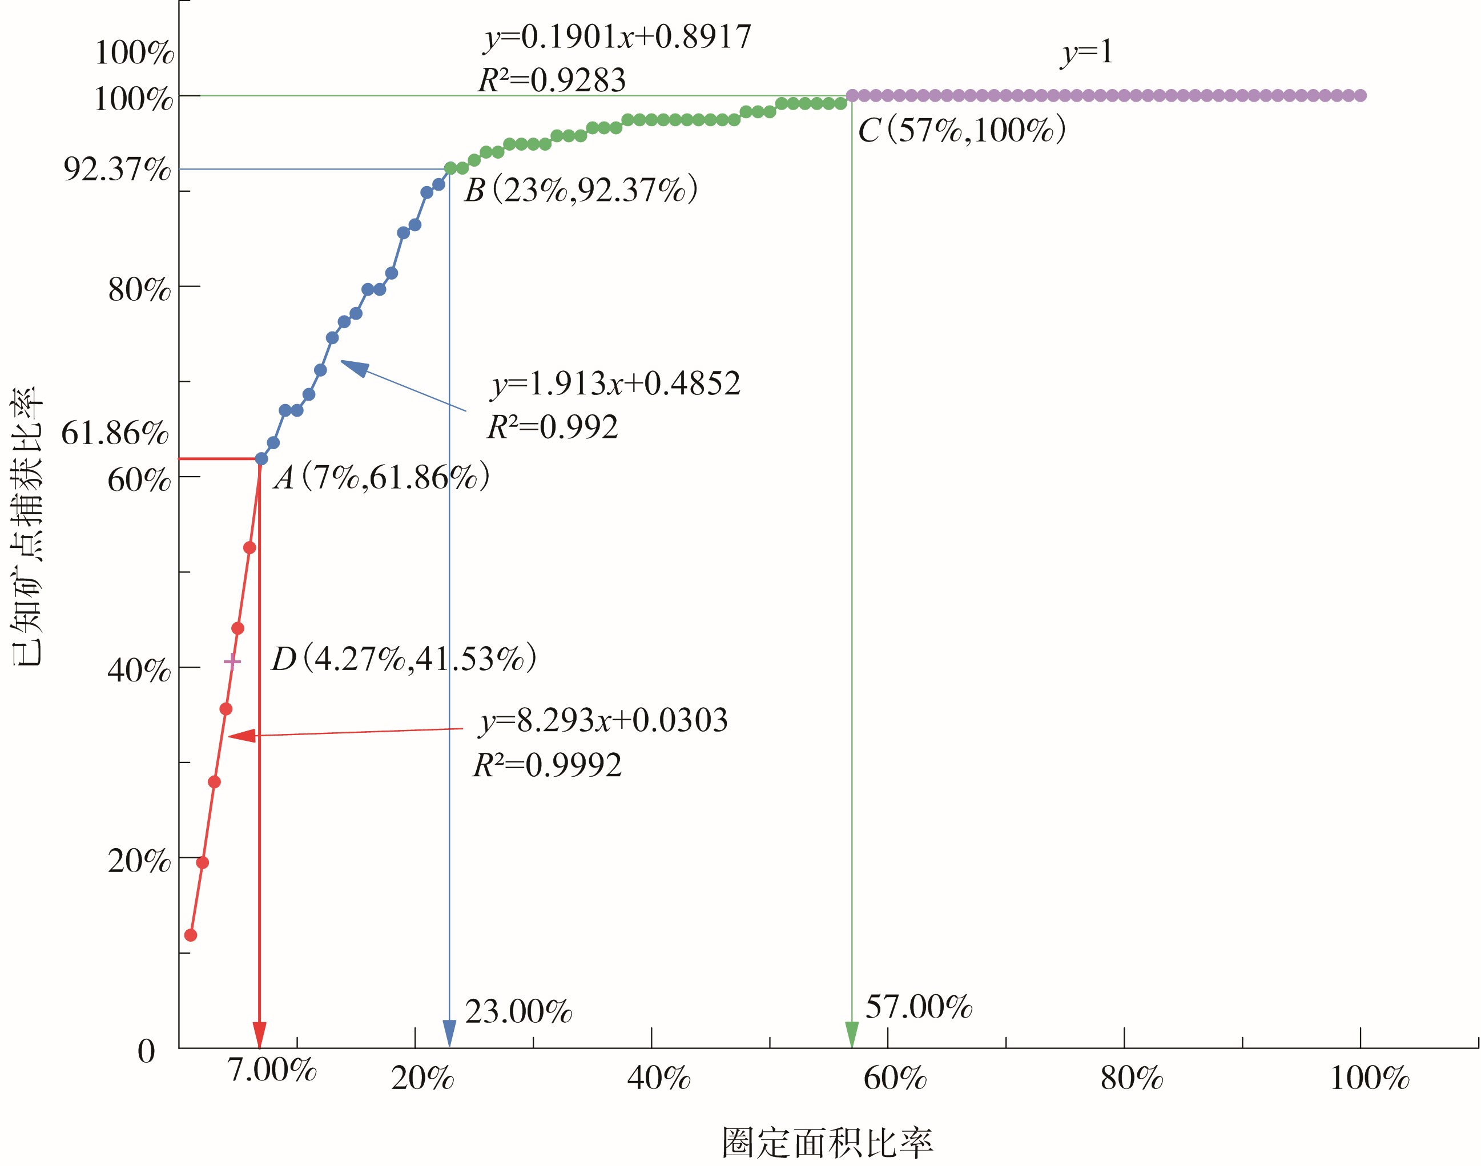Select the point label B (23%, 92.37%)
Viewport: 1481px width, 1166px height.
click(x=581, y=190)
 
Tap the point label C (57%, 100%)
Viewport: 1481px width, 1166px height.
click(x=961, y=130)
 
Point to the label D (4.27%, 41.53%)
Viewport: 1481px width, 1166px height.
click(x=404, y=659)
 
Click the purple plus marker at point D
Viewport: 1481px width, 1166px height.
click(x=232, y=661)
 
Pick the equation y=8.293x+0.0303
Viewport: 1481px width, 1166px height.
click(x=603, y=721)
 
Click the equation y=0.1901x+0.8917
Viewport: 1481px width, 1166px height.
click(x=617, y=37)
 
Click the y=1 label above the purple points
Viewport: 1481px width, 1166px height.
click(x=1087, y=53)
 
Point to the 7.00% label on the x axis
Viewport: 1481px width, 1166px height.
click(x=272, y=1070)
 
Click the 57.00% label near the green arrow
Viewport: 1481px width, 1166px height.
click(x=919, y=1007)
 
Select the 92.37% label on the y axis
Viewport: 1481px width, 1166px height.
click(x=117, y=168)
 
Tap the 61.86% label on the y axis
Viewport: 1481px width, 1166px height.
click(x=115, y=432)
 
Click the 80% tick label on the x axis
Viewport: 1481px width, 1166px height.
click(x=1132, y=1079)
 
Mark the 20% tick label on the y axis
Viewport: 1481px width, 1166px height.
click(x=139, y=861)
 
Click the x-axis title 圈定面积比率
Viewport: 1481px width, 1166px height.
click(x=827, y=1142)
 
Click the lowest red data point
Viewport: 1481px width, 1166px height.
click(x=191, y=935)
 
